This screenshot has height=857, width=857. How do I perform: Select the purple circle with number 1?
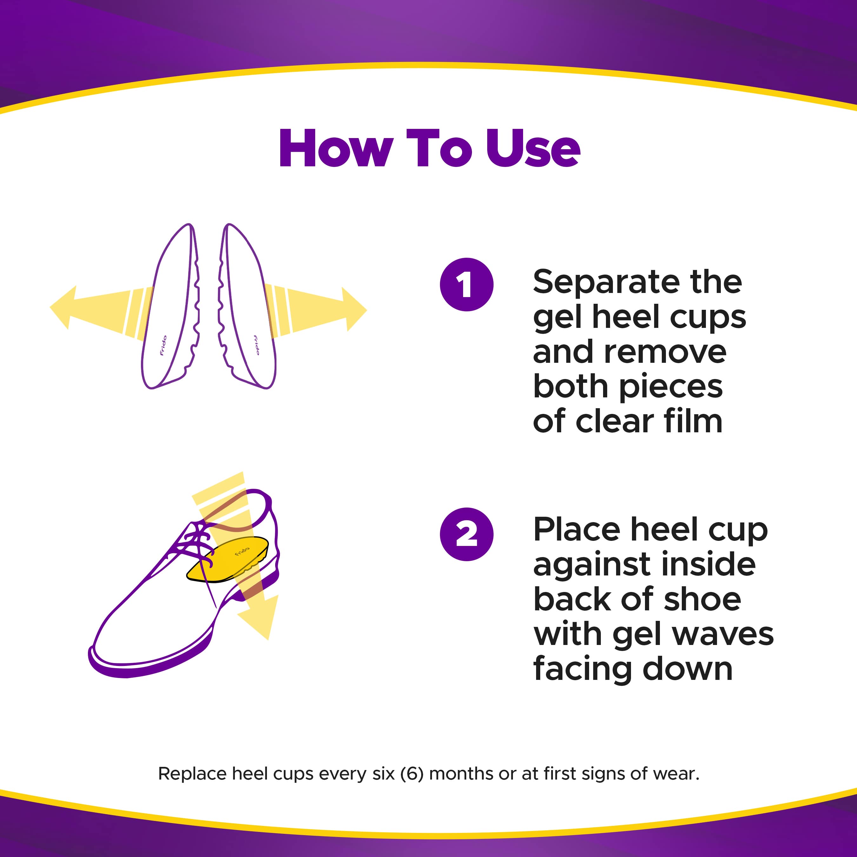467,284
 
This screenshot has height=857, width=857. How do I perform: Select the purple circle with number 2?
467,534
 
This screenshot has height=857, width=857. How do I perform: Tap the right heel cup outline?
249,310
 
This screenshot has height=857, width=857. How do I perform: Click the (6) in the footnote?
412,773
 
